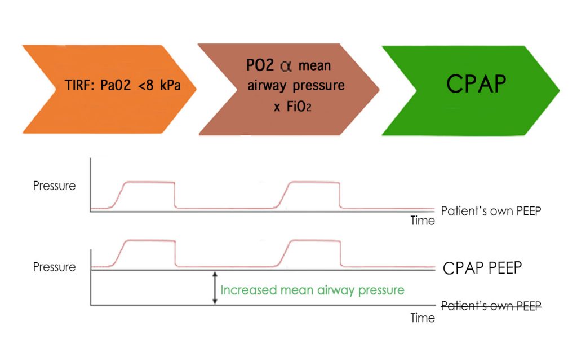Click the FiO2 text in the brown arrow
tap(297, 107)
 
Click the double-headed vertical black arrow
tap(214, 288)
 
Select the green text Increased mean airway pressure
tap(312, 290)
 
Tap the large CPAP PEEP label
tap(482, 268)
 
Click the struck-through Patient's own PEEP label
tap(491, 306)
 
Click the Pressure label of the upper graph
tap(54, 185)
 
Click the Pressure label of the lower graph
tap(54, 267)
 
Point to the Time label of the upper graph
tap(423, 221)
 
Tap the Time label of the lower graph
tap(423, 318)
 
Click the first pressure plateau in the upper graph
tap(149, 182)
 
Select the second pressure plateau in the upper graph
tap(314, 182)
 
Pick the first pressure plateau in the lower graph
tap(149, 241)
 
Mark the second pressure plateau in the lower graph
tap(314, 241)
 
